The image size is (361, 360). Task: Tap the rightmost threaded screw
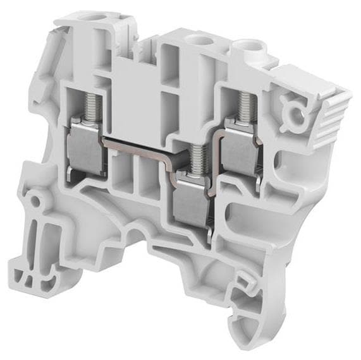(x=243, y=106)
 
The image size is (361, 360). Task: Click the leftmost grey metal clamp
(x=84, y=145)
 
